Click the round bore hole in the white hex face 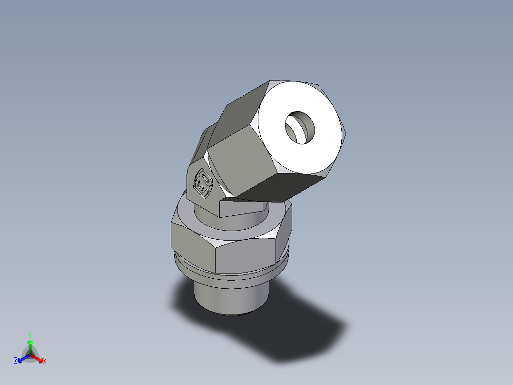tap(300, 128)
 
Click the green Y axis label tap(30, 334)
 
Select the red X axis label tap(45, 361)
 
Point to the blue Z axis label tap(16, 361)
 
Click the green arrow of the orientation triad tap(30, 344)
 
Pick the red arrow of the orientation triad tap(38, 358)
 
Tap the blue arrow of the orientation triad tap(22, 358)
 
